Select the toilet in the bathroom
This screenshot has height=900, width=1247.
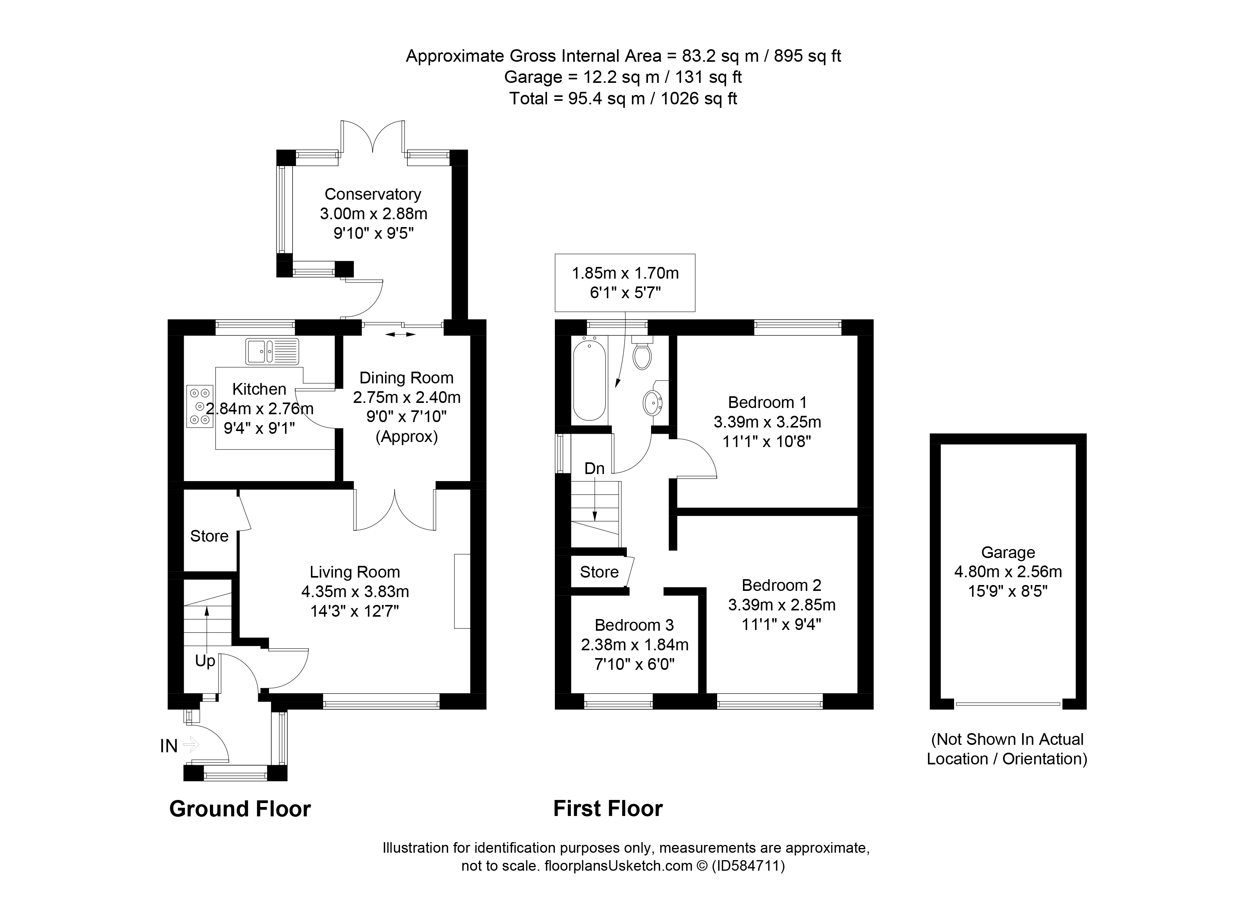tap(642, 354)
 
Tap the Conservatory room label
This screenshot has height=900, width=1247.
tap(373, 194)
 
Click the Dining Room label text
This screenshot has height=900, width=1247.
tap(406, 378)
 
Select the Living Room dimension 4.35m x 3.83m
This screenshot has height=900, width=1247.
tap(355, 592)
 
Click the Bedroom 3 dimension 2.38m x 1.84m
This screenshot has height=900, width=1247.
tap(635, 644)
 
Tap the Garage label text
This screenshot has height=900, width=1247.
tap(1008, 552)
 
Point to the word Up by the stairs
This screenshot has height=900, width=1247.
tap(205, 661)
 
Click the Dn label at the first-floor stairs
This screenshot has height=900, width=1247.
tap(594, 469)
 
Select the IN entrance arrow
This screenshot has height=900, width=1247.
tap(190, 745)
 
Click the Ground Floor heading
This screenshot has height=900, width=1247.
tap(240, 809)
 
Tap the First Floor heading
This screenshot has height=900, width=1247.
tap(608, 809)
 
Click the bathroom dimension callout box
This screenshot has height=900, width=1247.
tap(625, 283)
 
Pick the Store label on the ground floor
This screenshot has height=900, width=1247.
tap(209, 536)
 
